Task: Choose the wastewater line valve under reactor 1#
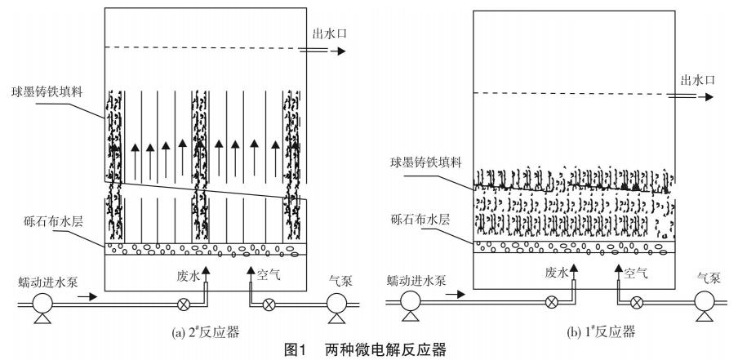pos(551,302)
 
